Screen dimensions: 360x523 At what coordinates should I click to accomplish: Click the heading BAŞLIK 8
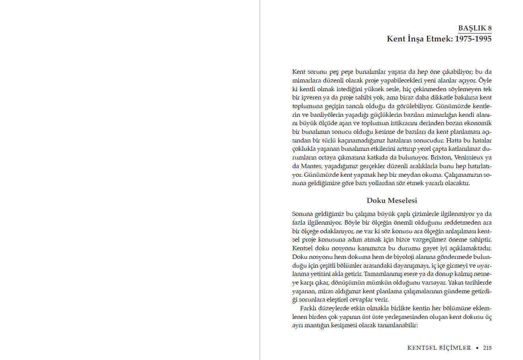[x=475, y=28]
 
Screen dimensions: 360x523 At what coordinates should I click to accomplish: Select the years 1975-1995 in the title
[x=473, y=39]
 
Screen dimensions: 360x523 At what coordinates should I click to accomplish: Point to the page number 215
[x=487, y=348]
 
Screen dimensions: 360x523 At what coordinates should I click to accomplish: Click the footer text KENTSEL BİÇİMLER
[x=439, y=348]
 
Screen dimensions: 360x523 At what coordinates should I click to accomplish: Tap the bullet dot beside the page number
[x=477, y=348]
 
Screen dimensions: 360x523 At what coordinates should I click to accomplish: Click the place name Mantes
[x=311, y=166]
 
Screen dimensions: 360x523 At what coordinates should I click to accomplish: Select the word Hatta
[x=454, y=141]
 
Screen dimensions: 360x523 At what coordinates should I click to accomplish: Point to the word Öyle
[x=485, y=81]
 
